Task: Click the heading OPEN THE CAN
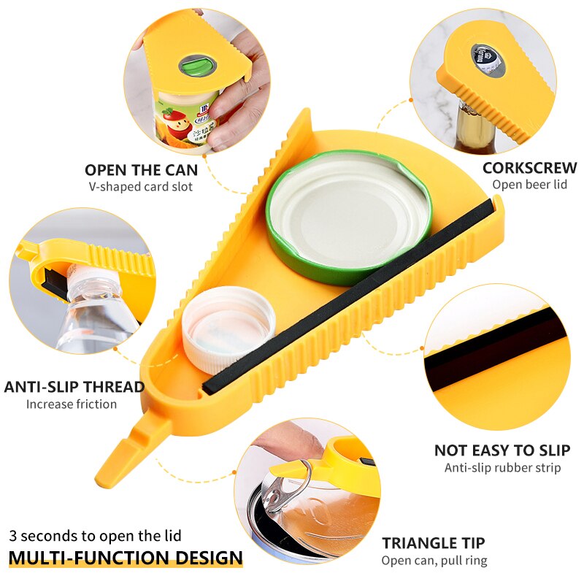pos(141,170)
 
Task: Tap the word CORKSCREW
pos(529,168)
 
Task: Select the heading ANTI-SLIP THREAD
pos(74,386)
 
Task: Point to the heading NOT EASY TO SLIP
pos(502,450)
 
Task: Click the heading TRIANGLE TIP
pos(434,543)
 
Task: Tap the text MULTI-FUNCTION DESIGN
pos(126,558)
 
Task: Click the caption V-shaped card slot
pos(141,187)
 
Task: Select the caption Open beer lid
pos(529,185)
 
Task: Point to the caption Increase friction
pos(72,404)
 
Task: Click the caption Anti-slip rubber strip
pos(502,467)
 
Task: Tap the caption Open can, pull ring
pos(434,561)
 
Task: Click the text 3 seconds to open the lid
pos(95,536)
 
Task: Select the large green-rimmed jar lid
pos(348,215)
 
